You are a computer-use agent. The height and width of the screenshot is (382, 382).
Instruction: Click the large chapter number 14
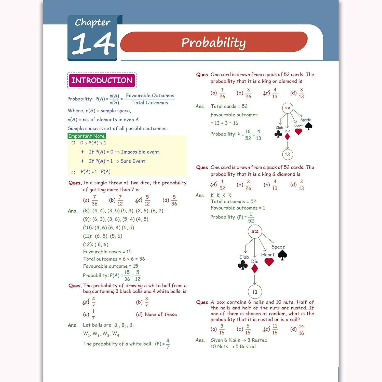[x=93, y=44]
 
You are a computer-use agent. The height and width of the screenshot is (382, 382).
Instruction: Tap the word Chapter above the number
[x=92, y=22]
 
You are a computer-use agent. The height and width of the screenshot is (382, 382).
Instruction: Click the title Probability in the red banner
[x=213, y=42]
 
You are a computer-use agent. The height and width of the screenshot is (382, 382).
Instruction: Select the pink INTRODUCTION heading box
[x=102, y=80]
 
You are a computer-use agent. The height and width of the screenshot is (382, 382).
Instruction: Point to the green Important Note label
[x=87, y=136]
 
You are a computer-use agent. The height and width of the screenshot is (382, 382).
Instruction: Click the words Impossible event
[x=141, y=152]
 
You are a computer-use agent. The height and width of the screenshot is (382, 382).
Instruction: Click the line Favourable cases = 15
[x=107, y=252]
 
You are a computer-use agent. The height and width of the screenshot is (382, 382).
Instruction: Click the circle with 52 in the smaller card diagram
[x=288, y=108]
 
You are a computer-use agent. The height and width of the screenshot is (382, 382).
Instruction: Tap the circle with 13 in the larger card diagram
[x=255, y=292]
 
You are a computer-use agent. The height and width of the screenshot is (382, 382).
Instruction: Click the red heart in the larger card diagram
[x=269, y=262]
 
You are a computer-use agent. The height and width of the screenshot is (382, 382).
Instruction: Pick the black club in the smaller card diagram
[x=278, y=134]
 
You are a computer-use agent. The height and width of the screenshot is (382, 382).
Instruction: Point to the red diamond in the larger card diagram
[x=255, y=269]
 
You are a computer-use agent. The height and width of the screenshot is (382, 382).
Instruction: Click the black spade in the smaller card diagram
[x=309, y=126]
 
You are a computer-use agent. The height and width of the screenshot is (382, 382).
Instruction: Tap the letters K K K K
[x=221, y=195]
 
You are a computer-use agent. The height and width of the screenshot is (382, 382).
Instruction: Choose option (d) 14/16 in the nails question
[x=298, y=330]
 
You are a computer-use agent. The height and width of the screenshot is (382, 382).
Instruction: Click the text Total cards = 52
[x=229, y=106]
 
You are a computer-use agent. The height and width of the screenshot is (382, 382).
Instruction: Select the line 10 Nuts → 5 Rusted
[x=233, y=347]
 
